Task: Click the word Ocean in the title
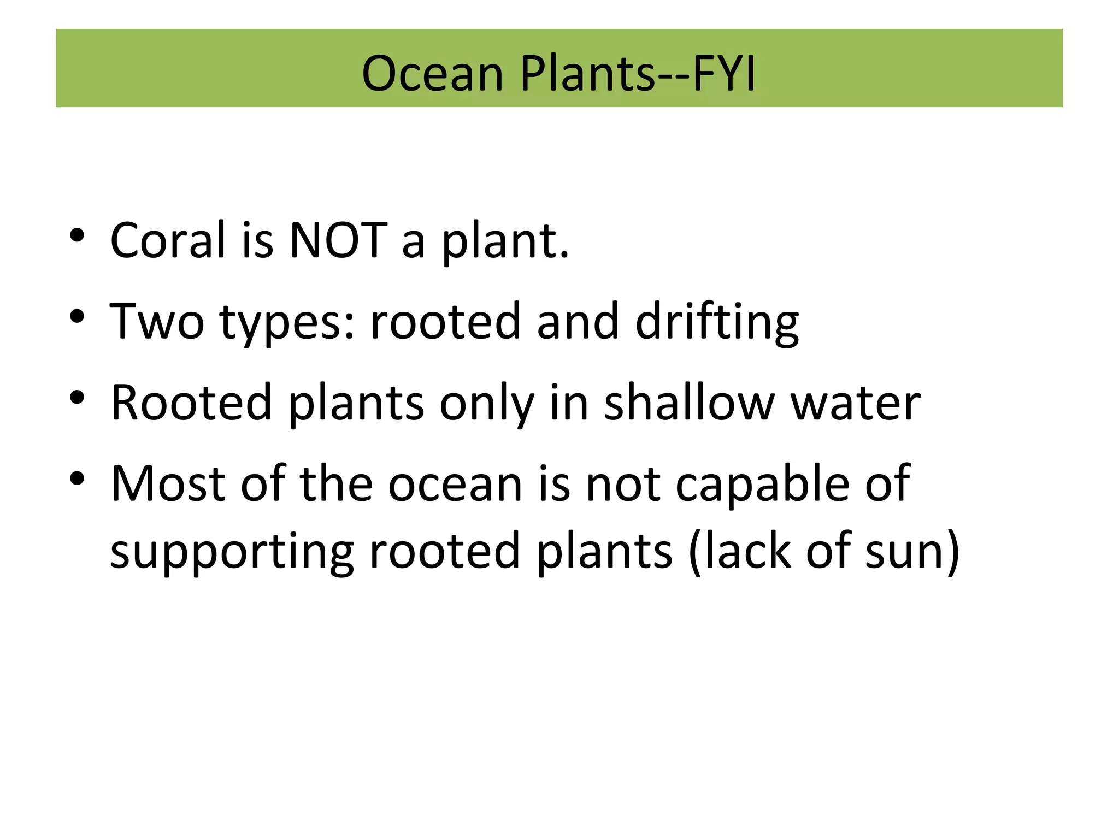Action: point(432,74)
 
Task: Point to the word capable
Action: point(762,485)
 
